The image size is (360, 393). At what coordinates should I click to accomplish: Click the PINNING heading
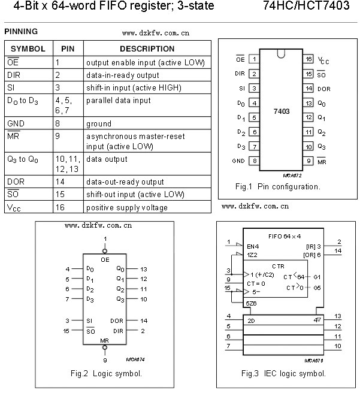pos(21,31)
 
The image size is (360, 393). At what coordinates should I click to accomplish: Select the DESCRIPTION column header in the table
pos(147,49)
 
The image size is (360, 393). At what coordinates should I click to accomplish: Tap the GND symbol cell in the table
pos(17,124)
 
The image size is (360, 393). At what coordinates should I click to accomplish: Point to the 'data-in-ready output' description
pos(123,75)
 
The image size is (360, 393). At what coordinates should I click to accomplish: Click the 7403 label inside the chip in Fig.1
pos(282,111)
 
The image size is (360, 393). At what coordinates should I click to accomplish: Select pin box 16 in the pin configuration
pos(308,59)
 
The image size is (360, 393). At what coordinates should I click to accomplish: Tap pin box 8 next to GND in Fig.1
pos(254,161)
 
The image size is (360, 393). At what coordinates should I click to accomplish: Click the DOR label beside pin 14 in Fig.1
pos(324,88)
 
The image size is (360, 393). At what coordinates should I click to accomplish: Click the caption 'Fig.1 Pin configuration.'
pos(278,186)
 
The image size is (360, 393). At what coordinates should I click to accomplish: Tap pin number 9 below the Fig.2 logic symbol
pos(105,361)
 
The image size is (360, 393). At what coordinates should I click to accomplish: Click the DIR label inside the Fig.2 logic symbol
pos(118,330)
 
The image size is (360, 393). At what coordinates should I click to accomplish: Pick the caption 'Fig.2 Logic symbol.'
pos(106,374)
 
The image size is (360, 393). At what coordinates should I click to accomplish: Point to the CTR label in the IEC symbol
pos(278,264)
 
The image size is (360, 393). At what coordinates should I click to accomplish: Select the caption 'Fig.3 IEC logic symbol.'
pos(283,374)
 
